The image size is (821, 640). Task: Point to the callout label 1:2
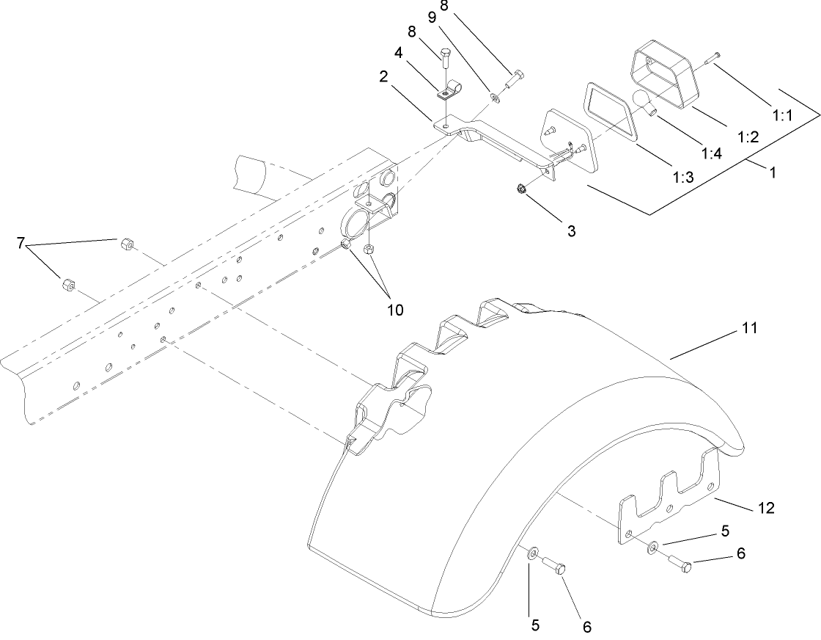tap(748, 137)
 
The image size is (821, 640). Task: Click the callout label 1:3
tap(683, 177)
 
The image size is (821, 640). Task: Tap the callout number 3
tap(571, 230)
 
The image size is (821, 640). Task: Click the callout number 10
tap(395, 310)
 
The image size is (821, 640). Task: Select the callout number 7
tap(21, 243)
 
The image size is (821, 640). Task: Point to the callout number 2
tap(384, 76)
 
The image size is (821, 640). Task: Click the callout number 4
tap(399, 54)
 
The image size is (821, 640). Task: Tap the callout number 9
tap(432, 18)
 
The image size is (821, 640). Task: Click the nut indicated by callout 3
tap(521, 188)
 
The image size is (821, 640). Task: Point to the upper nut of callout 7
tap(127, 244)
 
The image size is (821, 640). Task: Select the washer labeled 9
tap(494, 96)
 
